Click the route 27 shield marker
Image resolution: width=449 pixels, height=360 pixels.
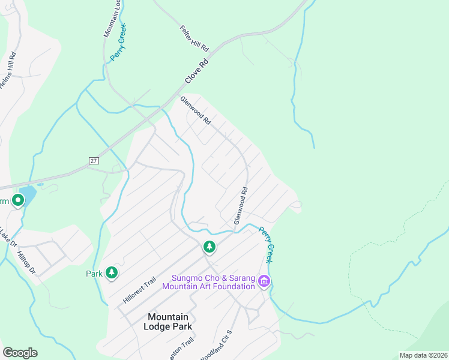click(x=94, y=161)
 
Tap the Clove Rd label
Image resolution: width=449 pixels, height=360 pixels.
click(x=196, y=71)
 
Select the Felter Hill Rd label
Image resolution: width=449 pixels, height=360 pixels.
click(x=194, y=38)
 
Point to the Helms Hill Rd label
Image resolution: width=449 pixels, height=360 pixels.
click(x=8, y=70)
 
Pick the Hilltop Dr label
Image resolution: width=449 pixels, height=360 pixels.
click(x=27, y=263)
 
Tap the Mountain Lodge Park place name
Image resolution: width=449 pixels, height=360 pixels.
click(x=168, y=322)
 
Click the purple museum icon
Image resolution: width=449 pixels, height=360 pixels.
click(x=264, y=281)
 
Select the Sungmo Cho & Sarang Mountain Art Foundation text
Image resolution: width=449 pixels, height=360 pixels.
click(x=213, y=282)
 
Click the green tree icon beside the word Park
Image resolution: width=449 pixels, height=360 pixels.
click(x=111, y=273)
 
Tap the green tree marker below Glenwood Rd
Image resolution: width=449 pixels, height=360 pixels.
click(x=209, y=247)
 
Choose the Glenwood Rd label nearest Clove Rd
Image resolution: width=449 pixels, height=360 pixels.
click(x=196, y=110)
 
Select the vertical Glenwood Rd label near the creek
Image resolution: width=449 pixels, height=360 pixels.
click(x=241, y=206)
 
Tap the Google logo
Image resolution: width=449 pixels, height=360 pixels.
click(x=20, y=353)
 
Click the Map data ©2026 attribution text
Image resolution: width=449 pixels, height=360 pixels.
click(x=423, y=355)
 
